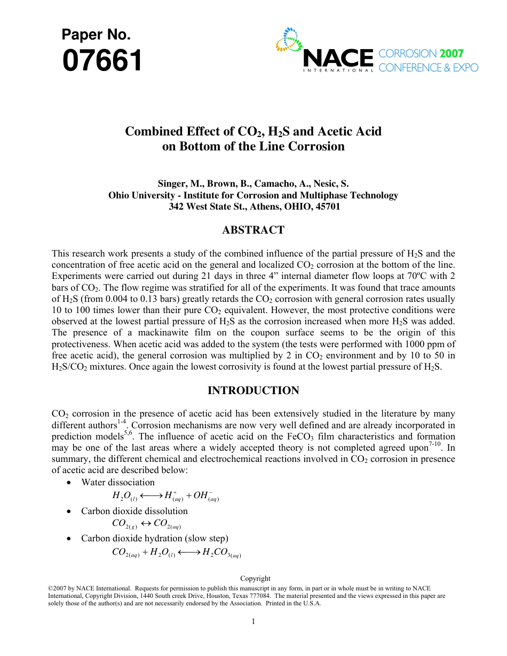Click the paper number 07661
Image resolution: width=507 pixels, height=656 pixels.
click(102, 61)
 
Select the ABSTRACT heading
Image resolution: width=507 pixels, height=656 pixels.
click(253, 230)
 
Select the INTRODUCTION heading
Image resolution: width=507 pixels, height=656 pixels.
click(253, 391)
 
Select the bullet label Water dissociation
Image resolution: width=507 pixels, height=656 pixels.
click(118, 482)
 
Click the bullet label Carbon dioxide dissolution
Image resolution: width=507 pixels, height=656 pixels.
click(134, 511)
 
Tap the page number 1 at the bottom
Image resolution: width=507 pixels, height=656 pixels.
click(253, 621)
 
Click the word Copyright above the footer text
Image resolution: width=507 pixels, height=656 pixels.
click(255, 579)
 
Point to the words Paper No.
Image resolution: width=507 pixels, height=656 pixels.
click(96, 35)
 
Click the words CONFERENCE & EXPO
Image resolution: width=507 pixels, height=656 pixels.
click(428, 68)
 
